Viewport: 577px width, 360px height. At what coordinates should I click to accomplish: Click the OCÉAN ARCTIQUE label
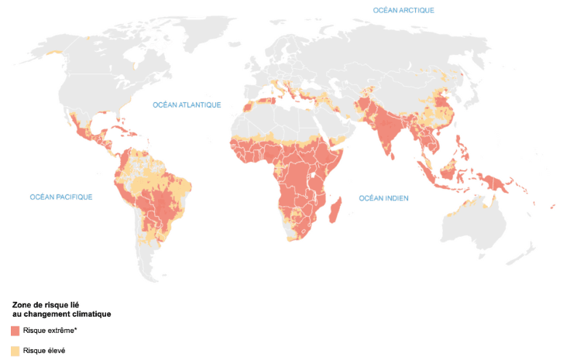coord(404,10)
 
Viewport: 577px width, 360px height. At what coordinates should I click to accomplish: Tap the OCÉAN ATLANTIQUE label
coord(187,105)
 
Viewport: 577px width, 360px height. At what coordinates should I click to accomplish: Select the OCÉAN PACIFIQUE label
coord(61,197)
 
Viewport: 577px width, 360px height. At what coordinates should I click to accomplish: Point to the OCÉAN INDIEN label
coord(383,199)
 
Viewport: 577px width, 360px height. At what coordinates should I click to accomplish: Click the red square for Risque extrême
coord(15,331)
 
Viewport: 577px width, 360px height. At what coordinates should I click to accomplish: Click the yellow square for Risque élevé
coord(15,350)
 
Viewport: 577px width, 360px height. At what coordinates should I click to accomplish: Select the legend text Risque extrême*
coord(50,331)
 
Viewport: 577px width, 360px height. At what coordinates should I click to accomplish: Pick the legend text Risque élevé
coord(44,350)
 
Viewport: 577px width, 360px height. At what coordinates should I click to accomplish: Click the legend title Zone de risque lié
coord(47,305)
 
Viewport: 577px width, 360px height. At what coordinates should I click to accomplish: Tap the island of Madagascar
coord(336,209)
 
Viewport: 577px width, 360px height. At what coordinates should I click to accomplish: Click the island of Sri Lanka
coord(394,154)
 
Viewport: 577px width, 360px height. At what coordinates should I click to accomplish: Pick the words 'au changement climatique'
coord(61,314)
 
